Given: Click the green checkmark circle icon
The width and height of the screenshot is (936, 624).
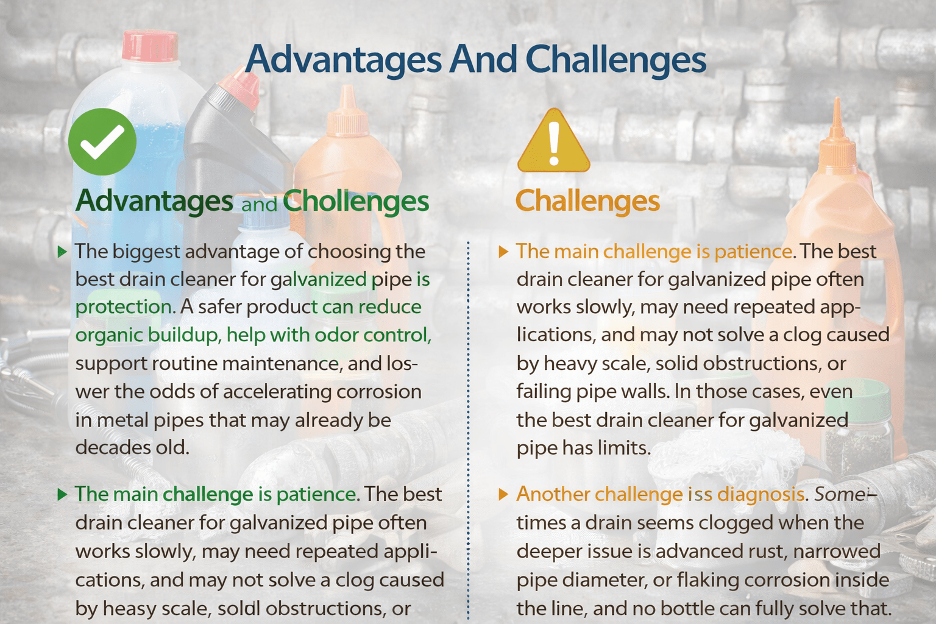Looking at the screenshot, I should pyautogui.click(x=102, y=141).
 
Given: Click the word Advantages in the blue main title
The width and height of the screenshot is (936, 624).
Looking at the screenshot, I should pyautogui.click(x=343, y=60).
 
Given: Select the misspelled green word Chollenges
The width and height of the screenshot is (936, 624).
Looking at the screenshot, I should pyautogui.click(x=356, y=201).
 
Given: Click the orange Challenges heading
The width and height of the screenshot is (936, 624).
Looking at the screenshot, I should pyautogui.click(x=587, y=201).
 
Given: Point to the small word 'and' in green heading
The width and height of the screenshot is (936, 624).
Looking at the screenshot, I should pyautogui.click(x=259, y=204).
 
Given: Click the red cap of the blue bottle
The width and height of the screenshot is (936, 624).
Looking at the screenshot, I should pyautogui.click(x=149, y=46).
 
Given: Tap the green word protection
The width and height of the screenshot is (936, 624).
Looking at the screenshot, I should pyautogui.click(x=123, y=307).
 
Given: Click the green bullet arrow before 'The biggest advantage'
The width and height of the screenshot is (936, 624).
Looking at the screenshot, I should pyautogui.click(x=62, y=252).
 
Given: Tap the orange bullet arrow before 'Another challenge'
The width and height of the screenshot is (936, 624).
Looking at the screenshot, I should pyautogui.click(x=503, y=494).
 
